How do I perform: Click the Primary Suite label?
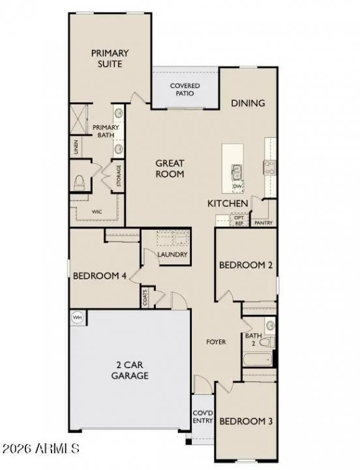(x=110, y=59)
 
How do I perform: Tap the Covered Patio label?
(x=185, y=90)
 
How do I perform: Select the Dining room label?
(x=248, y=103)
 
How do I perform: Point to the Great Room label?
(x=170, y=168)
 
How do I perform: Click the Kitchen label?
(x=228, y=204)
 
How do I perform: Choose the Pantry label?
(x=264, y=223)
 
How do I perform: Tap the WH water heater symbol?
(x=78, y=317)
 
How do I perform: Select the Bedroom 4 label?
(x=99, y=276)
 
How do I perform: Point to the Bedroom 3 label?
(x=245, y=421)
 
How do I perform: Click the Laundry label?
(x=172, y=255)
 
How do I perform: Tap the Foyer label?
(x=216, y=342)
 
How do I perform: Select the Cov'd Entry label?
(x=202, y=416)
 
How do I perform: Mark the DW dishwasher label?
(x=237, y=187)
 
